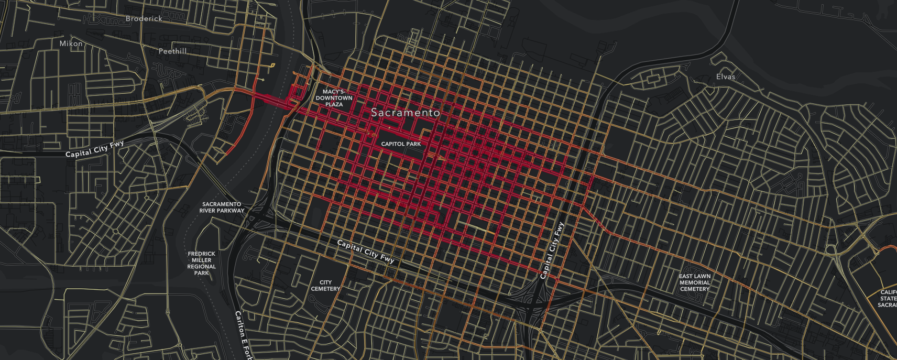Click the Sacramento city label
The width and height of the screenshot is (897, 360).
tap(406, 113)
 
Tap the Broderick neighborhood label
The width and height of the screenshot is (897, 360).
tap(144, 18)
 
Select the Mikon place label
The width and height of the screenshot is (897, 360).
tap(71, 43)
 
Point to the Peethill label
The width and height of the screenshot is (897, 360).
tap(172, 51)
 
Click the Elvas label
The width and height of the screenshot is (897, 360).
tap(726, 77)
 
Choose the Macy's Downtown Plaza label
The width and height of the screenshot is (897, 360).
tap(334, 98)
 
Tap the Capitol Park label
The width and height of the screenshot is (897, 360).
tap(401, 144)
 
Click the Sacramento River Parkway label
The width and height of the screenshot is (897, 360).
tap(222, 208)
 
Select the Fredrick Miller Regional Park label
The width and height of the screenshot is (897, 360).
tap(201, 263)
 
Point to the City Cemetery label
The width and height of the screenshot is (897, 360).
tap(325, 286)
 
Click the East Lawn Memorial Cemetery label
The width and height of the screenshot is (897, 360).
tap(695, 282)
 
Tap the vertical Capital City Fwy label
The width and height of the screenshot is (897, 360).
tap(552, 250)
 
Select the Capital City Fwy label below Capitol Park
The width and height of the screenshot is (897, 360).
tap(365, 252)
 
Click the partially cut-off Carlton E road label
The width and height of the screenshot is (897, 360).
tap(242, 335)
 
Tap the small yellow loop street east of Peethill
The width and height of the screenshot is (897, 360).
tap(271, 66)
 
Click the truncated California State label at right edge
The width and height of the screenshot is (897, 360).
tap(888, 299)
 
